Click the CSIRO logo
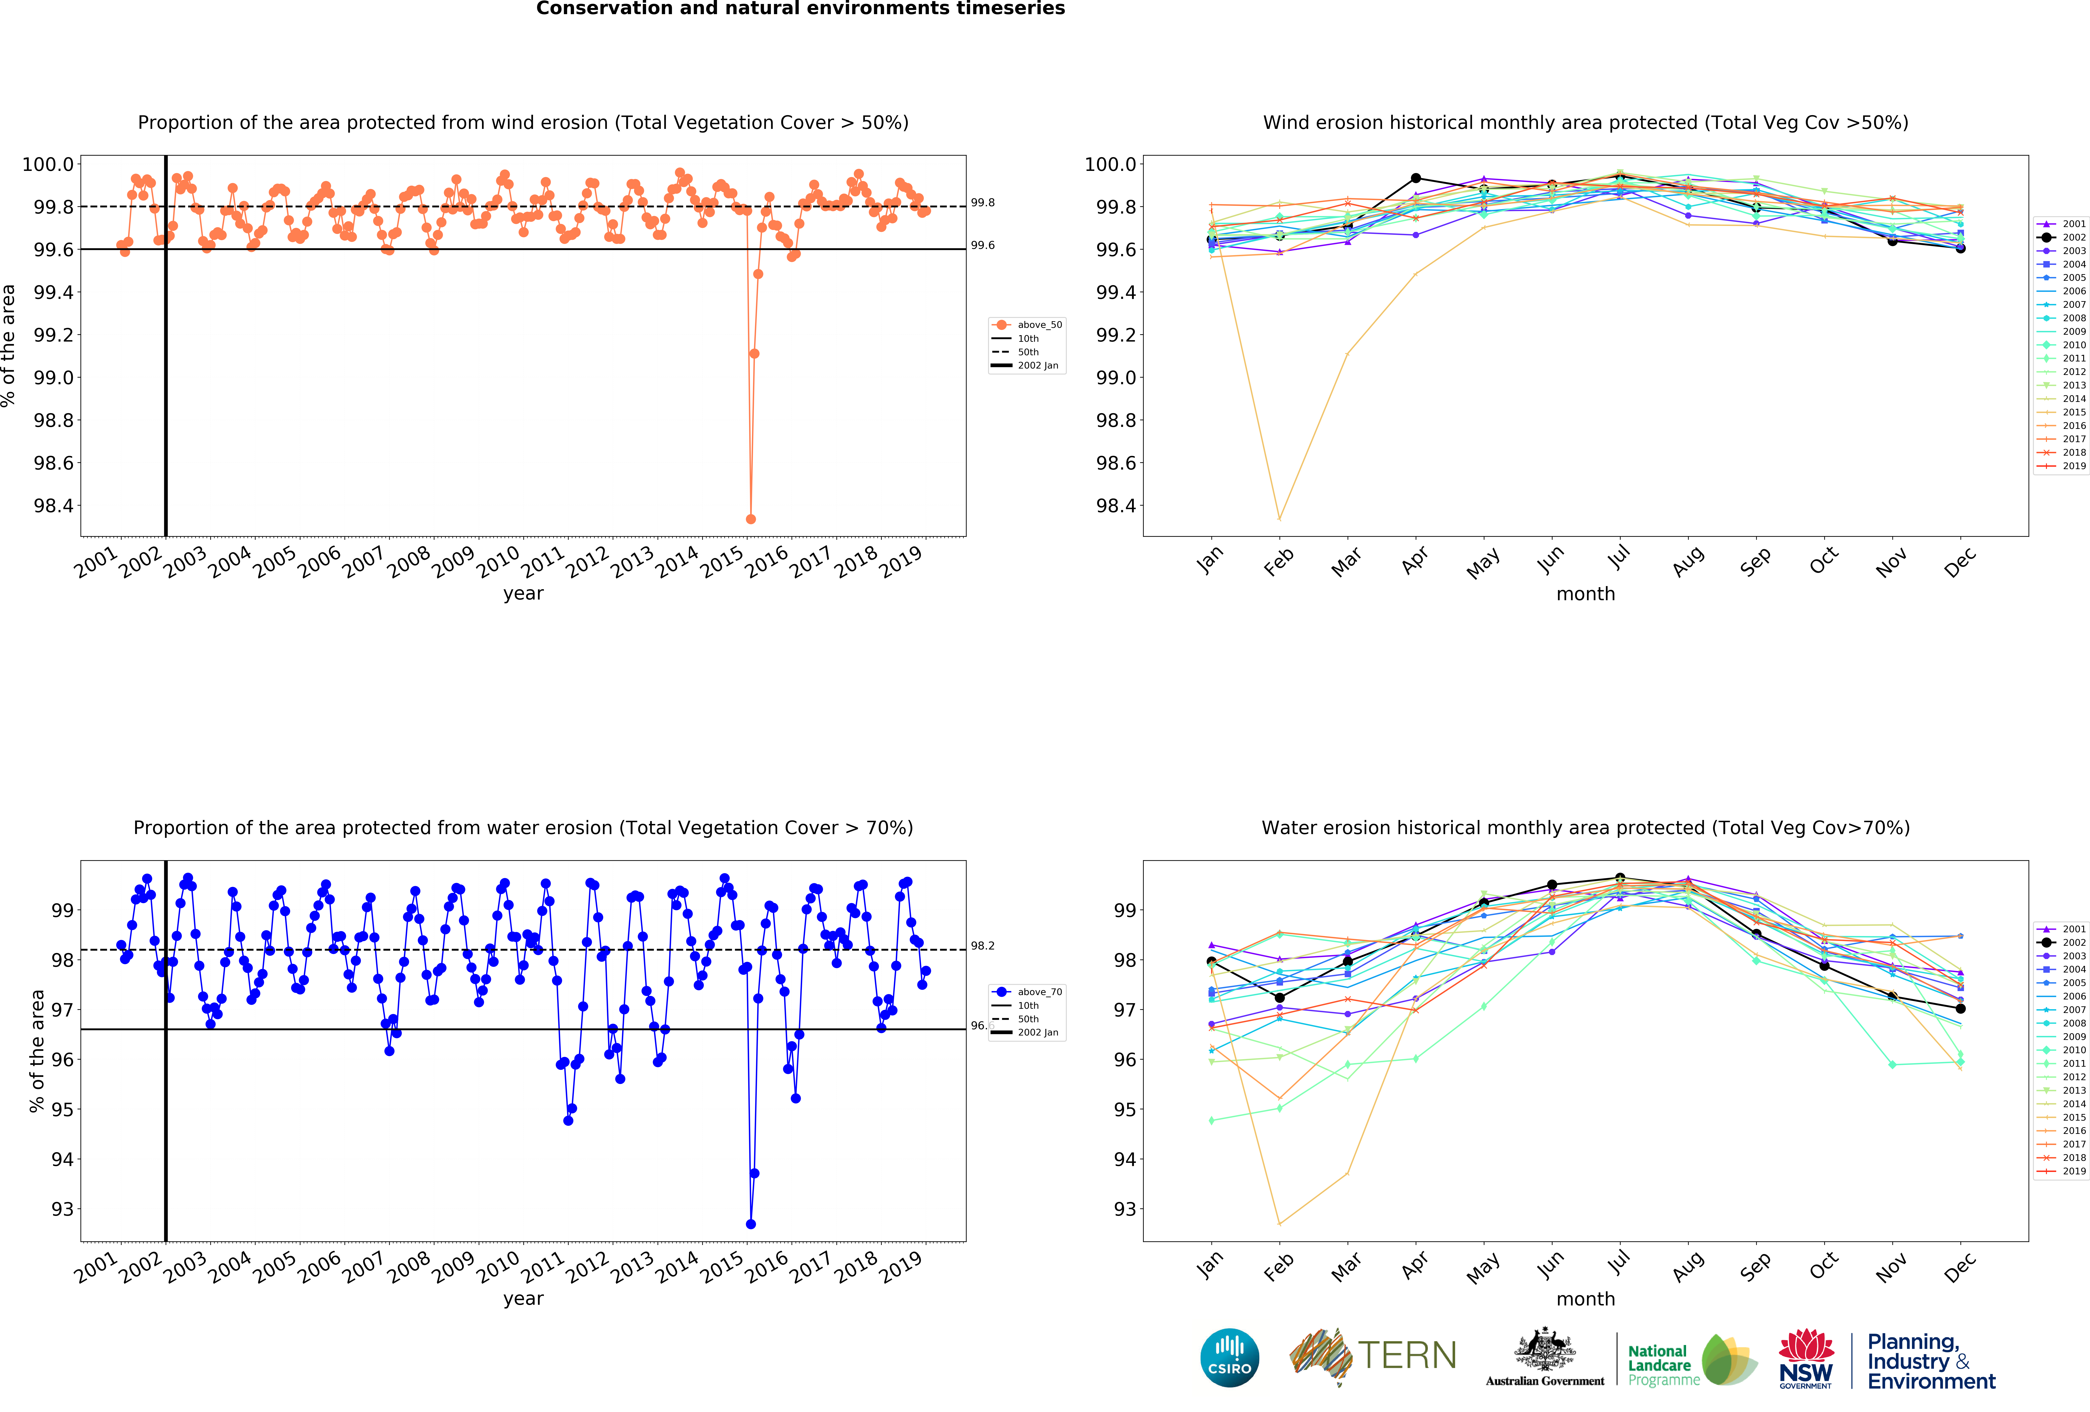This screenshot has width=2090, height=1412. [1229, 1357]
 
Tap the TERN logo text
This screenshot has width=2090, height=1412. [1407, 1355]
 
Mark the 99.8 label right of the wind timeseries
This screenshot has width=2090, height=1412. [983, 202]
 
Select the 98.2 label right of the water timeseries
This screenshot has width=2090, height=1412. [983, 945]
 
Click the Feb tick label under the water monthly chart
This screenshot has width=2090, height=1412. [1278, 1266]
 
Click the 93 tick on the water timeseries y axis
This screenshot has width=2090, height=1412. [63, 1209]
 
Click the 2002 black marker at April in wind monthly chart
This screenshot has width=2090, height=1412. [1415, 178]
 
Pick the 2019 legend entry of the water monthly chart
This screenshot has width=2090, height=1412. [2061, 1171]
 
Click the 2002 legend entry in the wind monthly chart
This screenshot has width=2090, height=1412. [2061, 237]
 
